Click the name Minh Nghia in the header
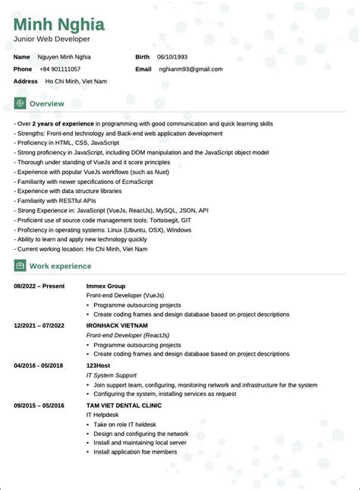58,24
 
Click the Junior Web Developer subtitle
51,39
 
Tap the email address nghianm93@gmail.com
190,69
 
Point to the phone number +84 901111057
59,69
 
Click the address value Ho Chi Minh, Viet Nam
76,81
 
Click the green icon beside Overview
20,103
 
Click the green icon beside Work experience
20,266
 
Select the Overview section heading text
46,103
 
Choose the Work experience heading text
60,266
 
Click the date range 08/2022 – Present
39,286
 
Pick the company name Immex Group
106,286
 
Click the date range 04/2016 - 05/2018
39,365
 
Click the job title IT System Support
111,375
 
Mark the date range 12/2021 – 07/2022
39,325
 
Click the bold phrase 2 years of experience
65,123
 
